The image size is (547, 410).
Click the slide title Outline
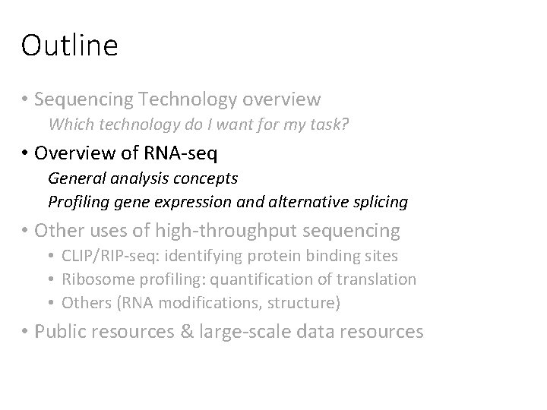[x=70, y=46]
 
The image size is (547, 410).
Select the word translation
[x=379, y=279]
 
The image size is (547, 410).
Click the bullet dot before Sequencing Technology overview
[x=26, y=99]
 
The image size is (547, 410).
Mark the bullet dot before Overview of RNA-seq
[x=26, y=154]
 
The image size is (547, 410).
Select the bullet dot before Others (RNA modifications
[x=52, y=302]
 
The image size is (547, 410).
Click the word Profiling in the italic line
[x=77, y=202]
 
